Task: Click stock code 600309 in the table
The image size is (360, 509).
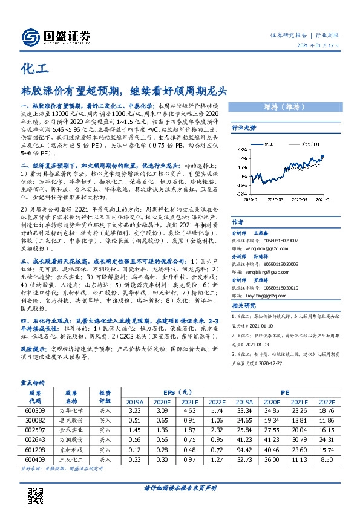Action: (x=34, y=410)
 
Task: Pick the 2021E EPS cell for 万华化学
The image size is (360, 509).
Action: (x=189, y=410)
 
